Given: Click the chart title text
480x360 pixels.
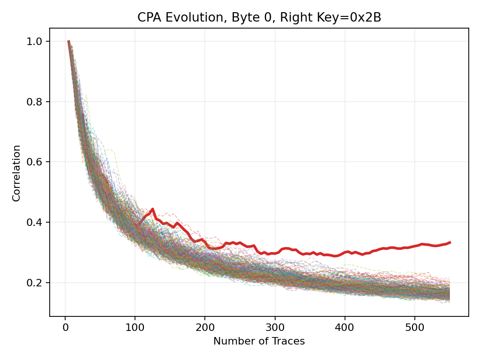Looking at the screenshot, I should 259,17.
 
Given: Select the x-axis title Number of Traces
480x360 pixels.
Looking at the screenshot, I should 259,341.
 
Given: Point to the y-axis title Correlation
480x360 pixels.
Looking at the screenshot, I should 17,173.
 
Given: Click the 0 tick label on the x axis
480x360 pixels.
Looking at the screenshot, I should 65,326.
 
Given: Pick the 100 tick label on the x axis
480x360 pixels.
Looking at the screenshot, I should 135,326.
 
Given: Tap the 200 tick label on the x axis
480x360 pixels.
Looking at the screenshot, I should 205,326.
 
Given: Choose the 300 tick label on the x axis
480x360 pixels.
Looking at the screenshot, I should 275,326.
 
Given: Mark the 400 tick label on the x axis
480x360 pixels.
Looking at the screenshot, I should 345,326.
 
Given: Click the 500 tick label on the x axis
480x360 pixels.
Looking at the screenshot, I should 414,326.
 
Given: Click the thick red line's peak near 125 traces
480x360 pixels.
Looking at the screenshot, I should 152,209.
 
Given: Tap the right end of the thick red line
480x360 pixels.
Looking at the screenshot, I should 450,242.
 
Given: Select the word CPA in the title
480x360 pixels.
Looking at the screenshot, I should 147,17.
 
